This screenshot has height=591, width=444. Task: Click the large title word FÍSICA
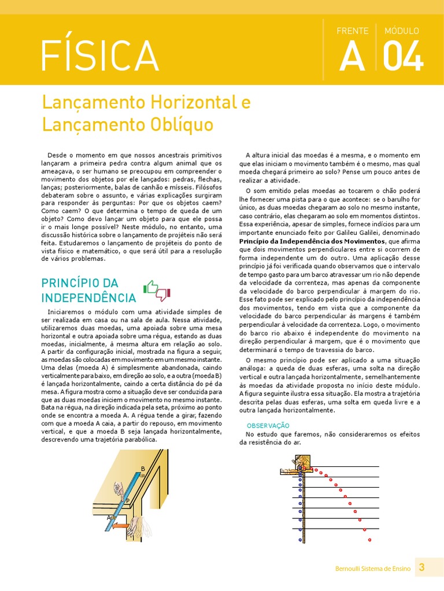tap(99, 57)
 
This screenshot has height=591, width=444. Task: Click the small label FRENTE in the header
tap(352, 31)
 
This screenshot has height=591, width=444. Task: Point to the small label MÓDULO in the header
tap(402, 31)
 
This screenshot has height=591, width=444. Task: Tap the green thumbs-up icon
tap(150, 287)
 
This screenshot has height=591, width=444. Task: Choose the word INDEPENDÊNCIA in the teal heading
tap(88, 298)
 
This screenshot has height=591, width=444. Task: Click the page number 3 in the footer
tap(421, 567)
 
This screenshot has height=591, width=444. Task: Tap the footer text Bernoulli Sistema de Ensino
tap(373, 568)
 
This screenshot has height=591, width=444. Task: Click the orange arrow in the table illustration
tap(120, 526)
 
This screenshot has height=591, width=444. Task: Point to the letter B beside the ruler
tap(142, 468)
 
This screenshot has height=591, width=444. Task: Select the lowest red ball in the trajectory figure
tap(369, 540)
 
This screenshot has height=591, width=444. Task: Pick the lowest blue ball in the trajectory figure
tap(300, 540)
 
